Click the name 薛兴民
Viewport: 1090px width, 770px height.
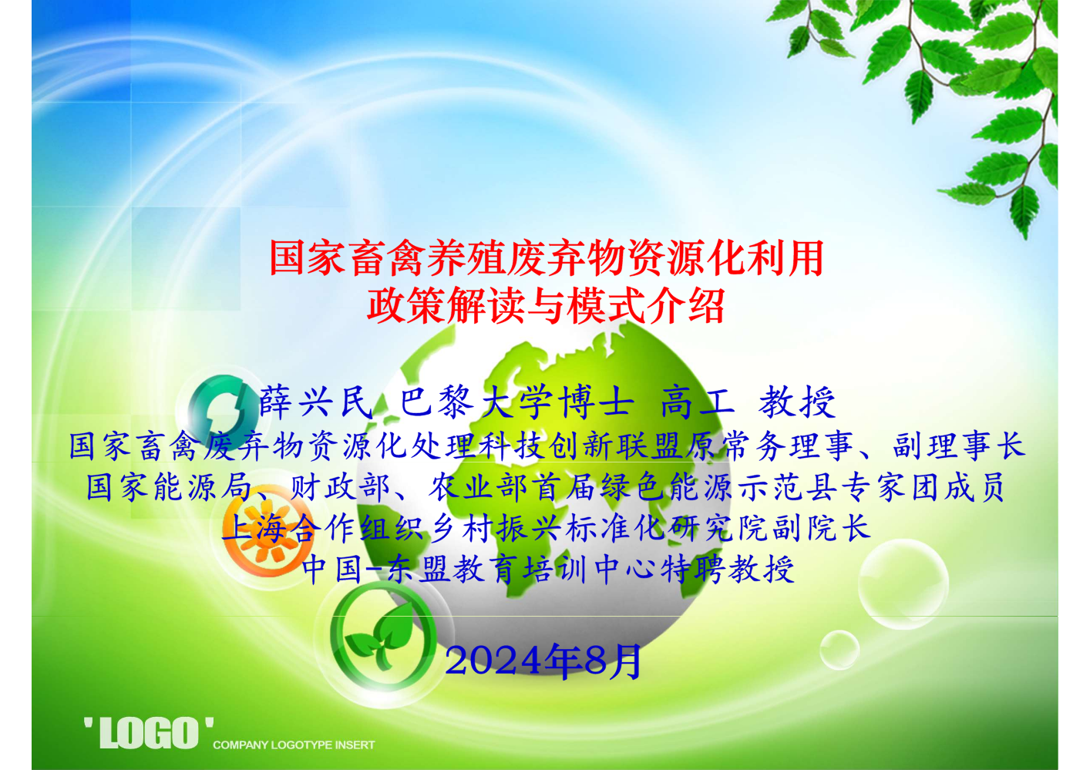(x=316, y=403)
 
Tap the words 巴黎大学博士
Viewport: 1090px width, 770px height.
(x=517, y=403)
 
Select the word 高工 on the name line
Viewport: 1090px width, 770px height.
(x=698, y=403)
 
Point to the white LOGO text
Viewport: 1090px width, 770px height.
(x=149, y=732)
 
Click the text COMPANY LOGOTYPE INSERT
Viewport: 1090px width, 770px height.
(x=294, y=745)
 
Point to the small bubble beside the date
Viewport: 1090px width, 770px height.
(x=839, y=650)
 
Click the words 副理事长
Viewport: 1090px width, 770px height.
(x=959, y=446)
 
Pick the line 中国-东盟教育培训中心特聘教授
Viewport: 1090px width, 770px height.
(x=548, y=570)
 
